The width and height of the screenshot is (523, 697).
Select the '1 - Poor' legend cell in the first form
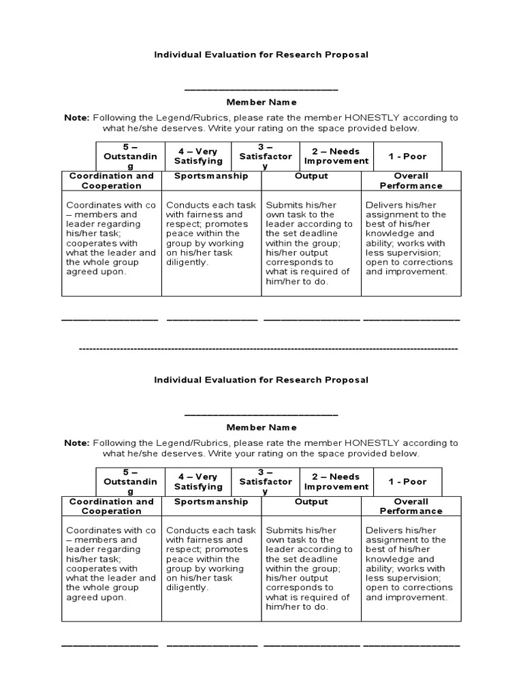(407, 157)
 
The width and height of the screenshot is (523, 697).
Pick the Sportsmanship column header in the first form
(211, 176)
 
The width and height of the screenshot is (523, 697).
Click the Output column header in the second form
(311, 502)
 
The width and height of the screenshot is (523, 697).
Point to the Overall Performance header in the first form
(411, 181)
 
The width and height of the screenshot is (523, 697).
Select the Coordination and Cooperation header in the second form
(112, 506)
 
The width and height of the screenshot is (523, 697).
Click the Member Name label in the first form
(261, 102)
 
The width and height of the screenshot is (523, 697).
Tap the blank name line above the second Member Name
(261, 414)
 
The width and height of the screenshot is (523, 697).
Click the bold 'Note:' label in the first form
(77, 117)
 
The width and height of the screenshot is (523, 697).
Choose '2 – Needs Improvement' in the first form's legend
(336, 157)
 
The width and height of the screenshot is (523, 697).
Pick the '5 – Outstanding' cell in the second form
(129, 482)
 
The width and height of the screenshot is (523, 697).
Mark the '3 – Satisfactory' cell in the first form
(266, 157)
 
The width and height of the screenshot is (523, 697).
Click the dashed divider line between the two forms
(268, 348)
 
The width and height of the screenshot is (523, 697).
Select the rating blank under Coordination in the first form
(110, 319)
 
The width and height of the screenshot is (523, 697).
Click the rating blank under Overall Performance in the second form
(411, 644)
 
